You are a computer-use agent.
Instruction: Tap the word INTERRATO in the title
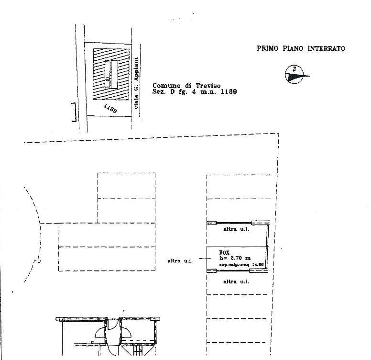[326, 48]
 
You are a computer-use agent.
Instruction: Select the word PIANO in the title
[293, 48]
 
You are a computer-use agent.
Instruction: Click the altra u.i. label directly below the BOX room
[236, 281]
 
